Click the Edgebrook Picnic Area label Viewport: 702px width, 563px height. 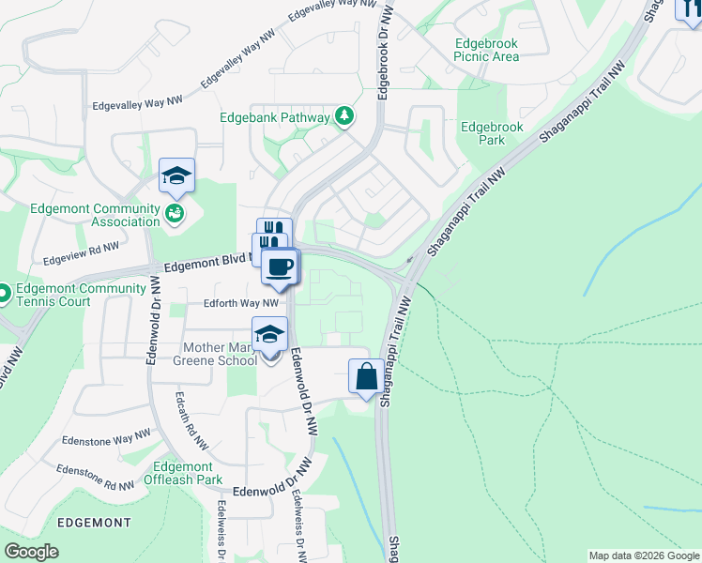click(485, 50)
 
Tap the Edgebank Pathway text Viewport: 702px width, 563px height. click(274, 118)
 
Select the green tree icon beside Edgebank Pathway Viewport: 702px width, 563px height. click(345, 116)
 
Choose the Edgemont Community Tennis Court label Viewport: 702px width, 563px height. click(60, 295)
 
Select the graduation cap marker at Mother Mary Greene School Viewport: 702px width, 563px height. click(269, 334)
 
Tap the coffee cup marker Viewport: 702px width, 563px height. click(279, 267)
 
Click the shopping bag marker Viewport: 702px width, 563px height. click(365, 377)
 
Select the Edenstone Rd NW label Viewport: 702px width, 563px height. click(94, 478)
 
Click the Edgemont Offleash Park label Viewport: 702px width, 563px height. click(183, 473)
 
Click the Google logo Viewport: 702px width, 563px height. click(32, 552)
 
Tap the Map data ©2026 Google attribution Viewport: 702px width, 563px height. click(645, 555)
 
